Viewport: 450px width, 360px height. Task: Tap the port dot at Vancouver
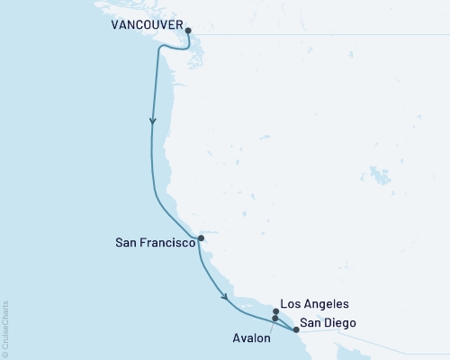pyautogui.click(x=188, y=31)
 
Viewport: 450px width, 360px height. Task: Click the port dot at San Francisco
pyautogui.click(x=201, y=238)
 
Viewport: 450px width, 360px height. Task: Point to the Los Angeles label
pyautogui.click(x=314, y=305)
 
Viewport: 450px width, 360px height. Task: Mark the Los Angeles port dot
pyautogui.click(x=275, y=312)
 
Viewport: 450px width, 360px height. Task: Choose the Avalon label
pyautogui.click(x=250, y=339)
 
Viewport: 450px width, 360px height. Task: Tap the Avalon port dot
pyautogui.click(x=274, y=319)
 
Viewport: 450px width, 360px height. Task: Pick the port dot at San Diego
pyautogui.click(x=295, y=329)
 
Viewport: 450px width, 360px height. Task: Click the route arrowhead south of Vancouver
pyautogui.click(x=153, y=121)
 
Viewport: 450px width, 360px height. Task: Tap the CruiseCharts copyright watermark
pyautogui.click(x=5, y=328)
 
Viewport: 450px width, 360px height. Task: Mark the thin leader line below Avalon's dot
pyautogui.click(x=272, y=327)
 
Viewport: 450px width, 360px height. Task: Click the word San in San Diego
pyautogui.click(x=311, y=322)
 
